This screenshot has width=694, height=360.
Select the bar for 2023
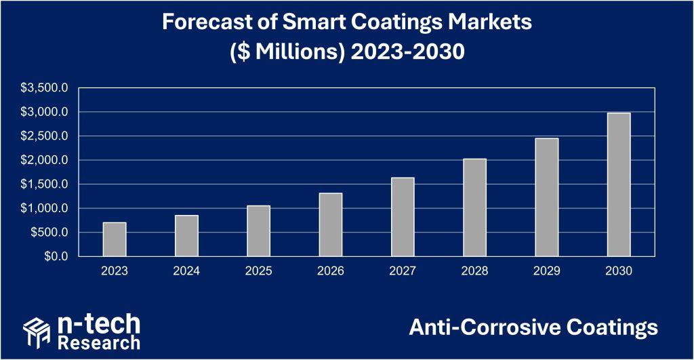pyautogui.click(x=115, y=239)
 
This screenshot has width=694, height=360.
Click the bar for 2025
pyautogui.click(x=258, y=231)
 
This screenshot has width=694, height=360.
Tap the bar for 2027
pyautogui.click(x=403, y=217)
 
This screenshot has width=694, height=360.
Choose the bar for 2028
pyautogui.click(x=475, y=207)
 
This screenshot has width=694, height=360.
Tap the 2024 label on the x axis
pyautogui.click(x=186, y=271)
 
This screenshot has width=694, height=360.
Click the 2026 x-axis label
pyautogui.click(x=331, y=271)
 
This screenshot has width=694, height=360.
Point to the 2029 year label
pyautogui.click(x=547, y=271)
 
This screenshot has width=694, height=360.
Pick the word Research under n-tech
pyautogui.click(x=99, y=341)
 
